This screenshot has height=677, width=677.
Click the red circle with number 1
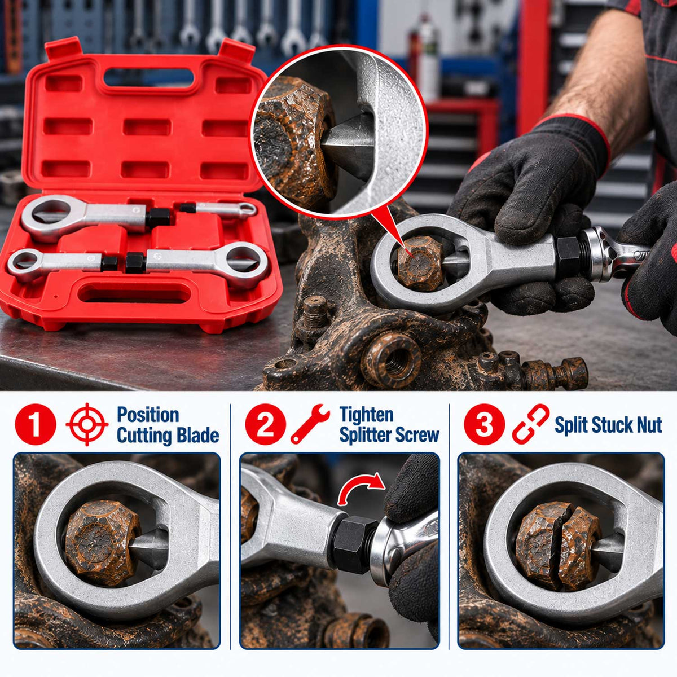click(x=36, y=424)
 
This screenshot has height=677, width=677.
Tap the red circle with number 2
click(x=266, y=424)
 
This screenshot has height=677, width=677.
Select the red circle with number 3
click(x=485, y=424)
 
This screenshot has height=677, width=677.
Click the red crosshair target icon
click(x=87, y=424)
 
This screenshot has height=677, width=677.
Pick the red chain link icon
click(x=530, y=424)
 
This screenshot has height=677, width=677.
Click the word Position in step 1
click(x=148, y=415)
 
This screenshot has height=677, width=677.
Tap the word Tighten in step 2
click(x=367, y=415)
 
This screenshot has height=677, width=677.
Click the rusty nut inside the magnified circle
click(x=295, y=140)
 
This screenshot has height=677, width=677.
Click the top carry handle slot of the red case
click(x=150, y=76)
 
